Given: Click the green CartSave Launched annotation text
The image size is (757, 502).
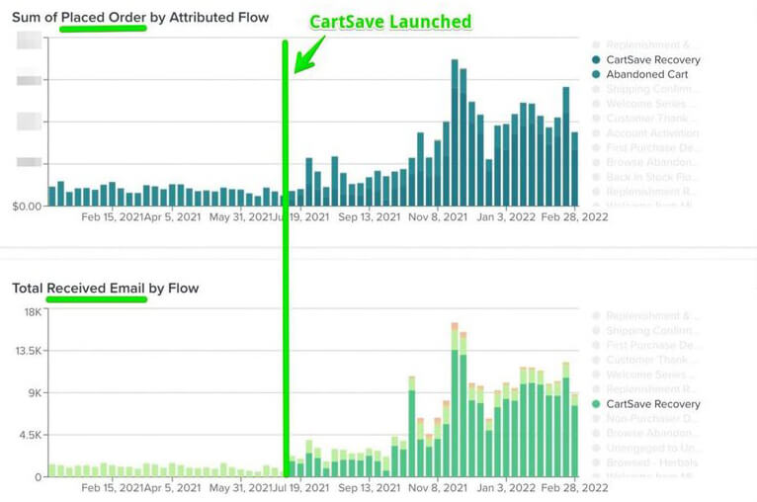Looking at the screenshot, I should click(x=390, y=22).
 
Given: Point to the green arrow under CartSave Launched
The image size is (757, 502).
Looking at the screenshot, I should click(x=306, y=58).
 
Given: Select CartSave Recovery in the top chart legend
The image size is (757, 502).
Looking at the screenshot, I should click(x=653, y=59).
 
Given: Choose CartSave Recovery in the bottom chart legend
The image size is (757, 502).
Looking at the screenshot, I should click(x=653, y=403).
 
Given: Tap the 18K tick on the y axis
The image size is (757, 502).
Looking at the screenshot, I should click(x=32, y=312).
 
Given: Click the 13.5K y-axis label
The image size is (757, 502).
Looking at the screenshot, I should click(x=28, y=351).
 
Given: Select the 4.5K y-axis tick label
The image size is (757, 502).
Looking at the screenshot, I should click(x=29, y=435).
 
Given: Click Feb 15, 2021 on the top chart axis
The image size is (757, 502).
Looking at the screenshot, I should click(x=111, y=216).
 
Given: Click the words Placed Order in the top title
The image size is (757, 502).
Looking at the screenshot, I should click(x=104, y=16).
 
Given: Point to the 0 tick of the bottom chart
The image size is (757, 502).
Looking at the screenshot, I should click(x=39, y=476).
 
